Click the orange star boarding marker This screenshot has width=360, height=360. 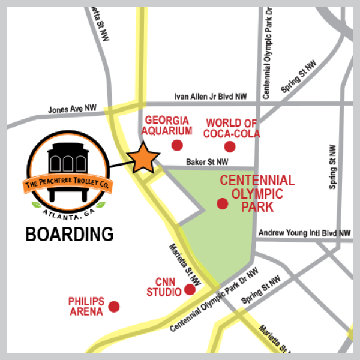[144, 158]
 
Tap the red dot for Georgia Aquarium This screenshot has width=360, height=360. [177, 145]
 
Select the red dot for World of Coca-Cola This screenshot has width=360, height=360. [230, 146]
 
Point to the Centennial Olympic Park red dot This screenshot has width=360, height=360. [223, 204]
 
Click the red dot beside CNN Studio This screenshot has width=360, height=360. [190, 290]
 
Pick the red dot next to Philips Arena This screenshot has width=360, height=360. [113, 307]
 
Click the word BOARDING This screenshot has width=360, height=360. [70, 234]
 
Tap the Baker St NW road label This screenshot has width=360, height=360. [207, 161]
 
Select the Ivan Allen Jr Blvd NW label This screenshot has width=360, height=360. [211, 96]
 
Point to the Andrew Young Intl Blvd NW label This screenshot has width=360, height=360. [304, 233]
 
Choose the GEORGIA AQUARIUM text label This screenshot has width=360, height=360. [169, 125]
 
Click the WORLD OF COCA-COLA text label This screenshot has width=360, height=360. [232, 128]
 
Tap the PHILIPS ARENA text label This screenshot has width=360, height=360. [86, 305]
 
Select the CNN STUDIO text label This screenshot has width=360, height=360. [164, 287]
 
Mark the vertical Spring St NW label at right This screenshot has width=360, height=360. [333, 167]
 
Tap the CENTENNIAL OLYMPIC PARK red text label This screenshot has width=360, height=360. [257, 193]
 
